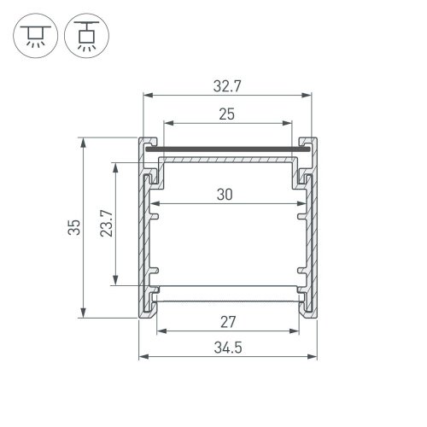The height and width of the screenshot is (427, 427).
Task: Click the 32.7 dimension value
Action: tap(225, 85)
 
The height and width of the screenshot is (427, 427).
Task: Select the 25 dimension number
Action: tap(225, 113)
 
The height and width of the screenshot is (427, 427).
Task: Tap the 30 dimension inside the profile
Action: tap(225, 194)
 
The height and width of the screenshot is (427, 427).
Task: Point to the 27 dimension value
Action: tap(227, 321)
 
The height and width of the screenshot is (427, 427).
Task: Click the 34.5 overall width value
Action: tap(226, 348)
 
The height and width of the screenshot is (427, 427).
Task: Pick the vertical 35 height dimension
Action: tap(74, 227)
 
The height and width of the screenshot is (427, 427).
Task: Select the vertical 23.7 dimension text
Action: tap(105, 224)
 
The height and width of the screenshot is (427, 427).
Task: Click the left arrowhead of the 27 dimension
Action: tap(157, 330)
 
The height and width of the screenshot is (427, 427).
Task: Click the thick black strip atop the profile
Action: tap(225, 150)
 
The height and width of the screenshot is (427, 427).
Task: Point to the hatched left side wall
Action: tap(143, 239)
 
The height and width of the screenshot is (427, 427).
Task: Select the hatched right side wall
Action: tap(310, 239)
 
